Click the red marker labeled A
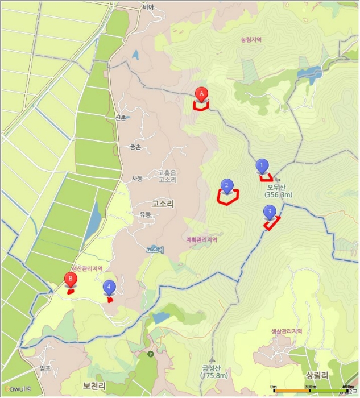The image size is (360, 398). (x=201, y=93)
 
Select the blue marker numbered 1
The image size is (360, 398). (x=262, y=165)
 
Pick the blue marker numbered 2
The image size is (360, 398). (x=226, y=185)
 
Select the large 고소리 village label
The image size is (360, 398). (x=163, y=203)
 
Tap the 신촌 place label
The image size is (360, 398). (x=120, y=118)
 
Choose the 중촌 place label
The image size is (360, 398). (x=135, y=147)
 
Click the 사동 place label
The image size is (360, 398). (x=137, y=179)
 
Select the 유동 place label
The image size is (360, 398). (x=145, y=215)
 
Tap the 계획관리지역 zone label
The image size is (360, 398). (x=201, y=239)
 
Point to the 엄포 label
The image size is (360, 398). (x=45, y=368)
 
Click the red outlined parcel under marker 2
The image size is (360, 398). (x=228, y=196)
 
